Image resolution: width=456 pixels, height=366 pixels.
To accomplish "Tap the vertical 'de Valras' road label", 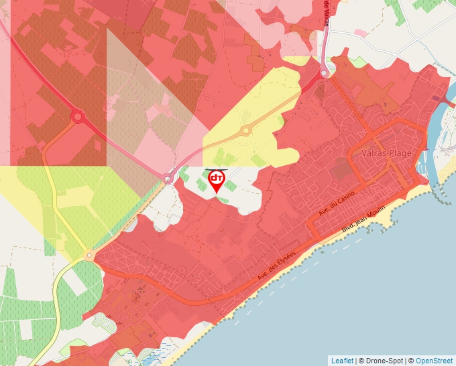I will (x=327, y=13).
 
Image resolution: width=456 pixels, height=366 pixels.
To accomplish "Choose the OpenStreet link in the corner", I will (x=434, y=361).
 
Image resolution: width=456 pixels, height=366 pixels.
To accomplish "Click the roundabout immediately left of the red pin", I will (x=168, y=178).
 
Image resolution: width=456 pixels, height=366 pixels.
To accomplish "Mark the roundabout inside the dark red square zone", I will (x=77, y=117).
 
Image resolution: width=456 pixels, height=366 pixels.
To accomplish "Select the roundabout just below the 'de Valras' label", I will (x=325, y=72).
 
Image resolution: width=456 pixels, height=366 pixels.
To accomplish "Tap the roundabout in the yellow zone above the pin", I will (x=246, y=130).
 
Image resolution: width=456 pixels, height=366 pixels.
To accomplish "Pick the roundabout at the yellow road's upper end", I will (x=89, y=256).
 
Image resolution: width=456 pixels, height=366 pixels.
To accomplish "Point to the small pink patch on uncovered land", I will (x=361, y=33).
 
